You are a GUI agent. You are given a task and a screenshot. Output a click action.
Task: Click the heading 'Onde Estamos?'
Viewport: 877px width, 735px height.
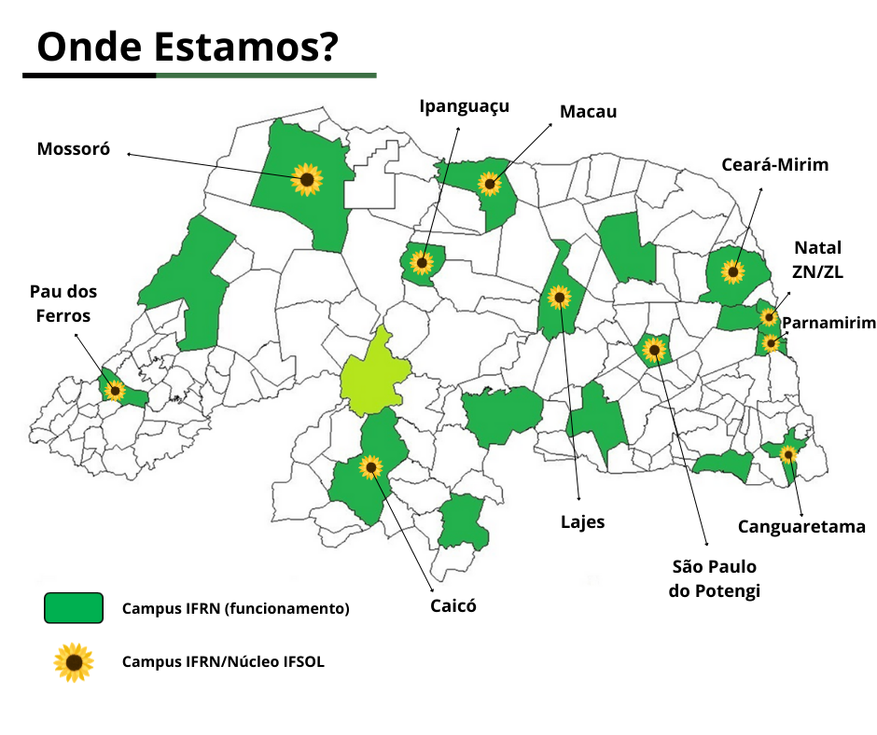188,46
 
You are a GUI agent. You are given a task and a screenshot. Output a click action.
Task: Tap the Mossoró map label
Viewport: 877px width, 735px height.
74,148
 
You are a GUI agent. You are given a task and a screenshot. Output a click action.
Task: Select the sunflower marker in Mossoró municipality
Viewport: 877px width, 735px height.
306,179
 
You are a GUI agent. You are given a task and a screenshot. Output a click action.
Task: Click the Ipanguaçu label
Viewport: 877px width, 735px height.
464,105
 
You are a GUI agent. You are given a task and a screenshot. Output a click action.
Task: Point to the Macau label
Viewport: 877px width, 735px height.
588,112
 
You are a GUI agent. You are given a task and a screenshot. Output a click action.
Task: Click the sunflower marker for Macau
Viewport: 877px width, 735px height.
490,183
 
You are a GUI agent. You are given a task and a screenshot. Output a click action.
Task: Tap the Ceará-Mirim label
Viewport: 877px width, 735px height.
774,165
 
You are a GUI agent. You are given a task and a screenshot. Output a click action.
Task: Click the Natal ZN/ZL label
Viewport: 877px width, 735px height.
817,259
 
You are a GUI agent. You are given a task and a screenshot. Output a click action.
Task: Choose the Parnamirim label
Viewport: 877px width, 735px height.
828,323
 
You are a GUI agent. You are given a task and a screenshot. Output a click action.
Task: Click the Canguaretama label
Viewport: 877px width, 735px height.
801,527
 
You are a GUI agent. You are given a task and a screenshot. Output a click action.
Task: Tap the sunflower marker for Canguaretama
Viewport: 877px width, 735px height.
788,454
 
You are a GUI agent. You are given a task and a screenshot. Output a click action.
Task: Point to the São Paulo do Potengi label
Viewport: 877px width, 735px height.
715,578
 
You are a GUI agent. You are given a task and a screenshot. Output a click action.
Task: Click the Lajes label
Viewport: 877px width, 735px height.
582,522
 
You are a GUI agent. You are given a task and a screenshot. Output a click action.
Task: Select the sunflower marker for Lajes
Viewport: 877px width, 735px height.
560,297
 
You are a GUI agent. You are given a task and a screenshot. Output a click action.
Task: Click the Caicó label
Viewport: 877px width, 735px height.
452,605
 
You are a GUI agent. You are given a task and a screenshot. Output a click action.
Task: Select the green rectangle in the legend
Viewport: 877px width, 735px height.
73,607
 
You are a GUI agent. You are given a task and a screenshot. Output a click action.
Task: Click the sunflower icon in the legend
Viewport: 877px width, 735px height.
74,662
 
